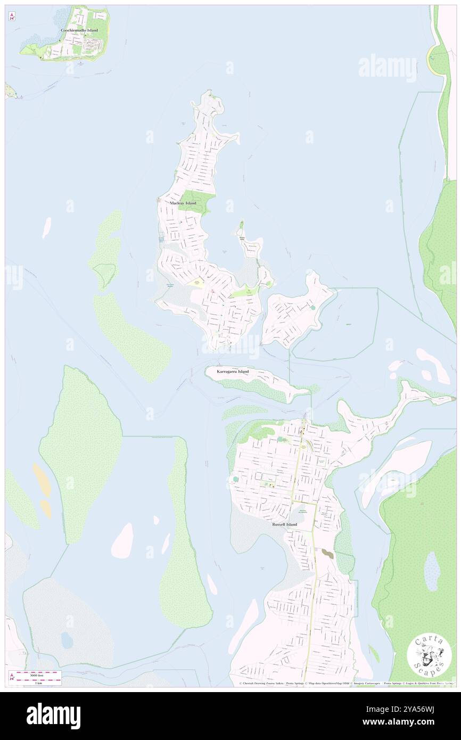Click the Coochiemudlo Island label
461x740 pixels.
[x=79, y=31]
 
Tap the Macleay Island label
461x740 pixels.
[x=183, y=203]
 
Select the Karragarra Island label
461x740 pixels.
[x=233, y=371]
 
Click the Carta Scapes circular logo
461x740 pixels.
[x=429, y=656]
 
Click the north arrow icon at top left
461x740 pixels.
[x=12, y=17]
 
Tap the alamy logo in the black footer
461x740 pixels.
[x=53, y=716]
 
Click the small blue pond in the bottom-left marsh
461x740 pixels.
[x=67, y=640]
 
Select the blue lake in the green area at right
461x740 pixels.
[x=432, y=571]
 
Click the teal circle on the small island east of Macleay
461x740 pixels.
[x=312, y=307]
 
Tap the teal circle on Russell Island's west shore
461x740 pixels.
[x=235, y=480]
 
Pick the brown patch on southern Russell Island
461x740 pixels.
[x=328, y=554]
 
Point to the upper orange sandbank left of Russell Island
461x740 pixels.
[x=42, y=479]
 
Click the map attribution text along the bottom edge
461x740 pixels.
[x=346, y=684]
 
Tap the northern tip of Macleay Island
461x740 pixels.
[x=210, y=94]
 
